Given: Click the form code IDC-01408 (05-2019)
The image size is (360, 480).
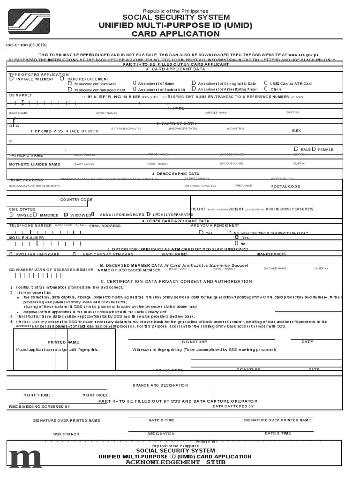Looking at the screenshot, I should coord(26,45).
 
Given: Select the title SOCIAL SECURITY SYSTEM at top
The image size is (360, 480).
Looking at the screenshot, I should coord(176,17).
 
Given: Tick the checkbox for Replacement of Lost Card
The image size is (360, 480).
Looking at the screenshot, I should coord(70,83).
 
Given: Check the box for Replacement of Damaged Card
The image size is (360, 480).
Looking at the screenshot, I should coord(70,90).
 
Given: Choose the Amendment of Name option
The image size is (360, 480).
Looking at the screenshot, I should coord(135,83).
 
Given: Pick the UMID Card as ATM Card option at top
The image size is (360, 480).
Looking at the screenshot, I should coord(266,83).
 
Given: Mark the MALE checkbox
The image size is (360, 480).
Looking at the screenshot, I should coord(295,149).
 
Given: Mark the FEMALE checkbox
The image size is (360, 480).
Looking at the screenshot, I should coord(314,149).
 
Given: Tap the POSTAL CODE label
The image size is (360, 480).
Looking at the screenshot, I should coord(286,187).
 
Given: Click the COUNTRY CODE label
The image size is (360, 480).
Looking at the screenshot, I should coord(77,200).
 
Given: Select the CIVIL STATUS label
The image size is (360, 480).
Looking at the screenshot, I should coord(22,210).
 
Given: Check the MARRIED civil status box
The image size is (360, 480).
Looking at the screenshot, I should coord(35,215).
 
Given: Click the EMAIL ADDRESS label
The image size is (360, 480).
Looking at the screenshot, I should coord(105,226).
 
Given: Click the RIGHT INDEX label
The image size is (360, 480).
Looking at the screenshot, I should coord(95,395).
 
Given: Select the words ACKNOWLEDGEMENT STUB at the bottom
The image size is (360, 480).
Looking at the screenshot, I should coord(175,462).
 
